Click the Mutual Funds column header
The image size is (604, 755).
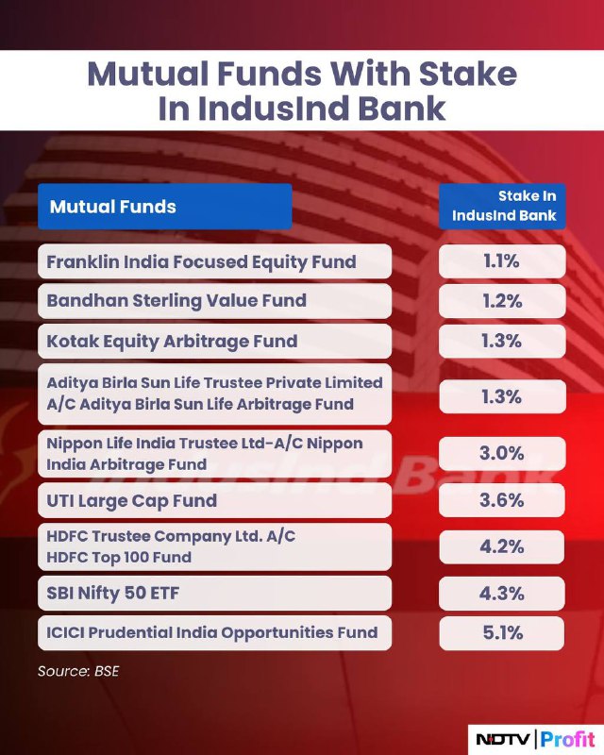[165, 206]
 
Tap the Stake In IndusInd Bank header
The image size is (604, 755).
[502, 206]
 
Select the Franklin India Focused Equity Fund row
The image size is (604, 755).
[214, 261]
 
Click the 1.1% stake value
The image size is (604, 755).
[502, 261]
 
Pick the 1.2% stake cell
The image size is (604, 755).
[502, 301]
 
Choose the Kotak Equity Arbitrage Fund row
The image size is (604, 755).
[214, 341]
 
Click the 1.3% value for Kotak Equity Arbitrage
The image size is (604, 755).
[502, 341]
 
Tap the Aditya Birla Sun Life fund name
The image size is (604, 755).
[214, 394]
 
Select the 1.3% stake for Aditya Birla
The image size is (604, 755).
[502, 396]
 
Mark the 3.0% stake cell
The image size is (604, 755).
[502, 453]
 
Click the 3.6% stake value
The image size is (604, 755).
[502, 500]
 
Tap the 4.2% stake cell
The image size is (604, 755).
[502, 546]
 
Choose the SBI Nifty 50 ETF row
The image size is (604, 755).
[214, 594]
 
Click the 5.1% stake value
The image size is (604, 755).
[502, 632]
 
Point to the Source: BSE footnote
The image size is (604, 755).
[78, 671]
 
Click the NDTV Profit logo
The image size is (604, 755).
[536, 739]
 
